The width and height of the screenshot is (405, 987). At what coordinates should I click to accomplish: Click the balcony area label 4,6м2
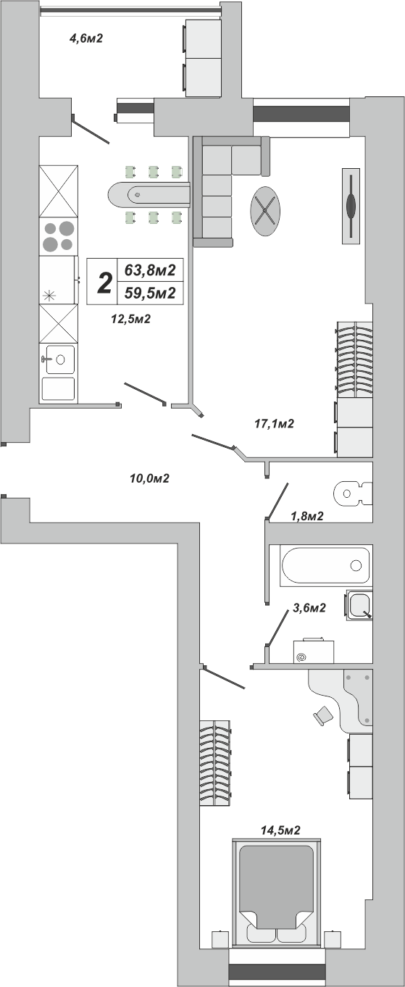click(86, 38)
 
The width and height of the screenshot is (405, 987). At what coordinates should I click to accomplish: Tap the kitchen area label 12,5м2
click(131, 319)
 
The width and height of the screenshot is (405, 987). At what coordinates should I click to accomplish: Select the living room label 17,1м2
click(274, 424)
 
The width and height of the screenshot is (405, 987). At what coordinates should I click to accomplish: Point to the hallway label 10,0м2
click(150, 478)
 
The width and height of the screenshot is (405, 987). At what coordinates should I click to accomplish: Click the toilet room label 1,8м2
click(307, 516)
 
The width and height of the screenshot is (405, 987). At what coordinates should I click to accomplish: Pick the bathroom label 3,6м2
click(309, 608)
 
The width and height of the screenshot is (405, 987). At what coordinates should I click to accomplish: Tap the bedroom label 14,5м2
click(280, 830)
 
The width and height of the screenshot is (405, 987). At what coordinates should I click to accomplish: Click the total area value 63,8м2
click(150, 270)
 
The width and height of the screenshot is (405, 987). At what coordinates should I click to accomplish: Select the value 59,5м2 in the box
click(150, 293)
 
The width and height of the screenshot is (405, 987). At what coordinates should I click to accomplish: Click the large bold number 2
click(104, 283)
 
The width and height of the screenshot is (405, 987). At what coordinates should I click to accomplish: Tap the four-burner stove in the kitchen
click(58, 237)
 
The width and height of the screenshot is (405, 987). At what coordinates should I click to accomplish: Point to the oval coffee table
click(265, 211)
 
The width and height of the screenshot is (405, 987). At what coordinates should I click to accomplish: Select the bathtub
click(327, 566)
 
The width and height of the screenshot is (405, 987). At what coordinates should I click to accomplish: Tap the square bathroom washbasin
click(359, 604)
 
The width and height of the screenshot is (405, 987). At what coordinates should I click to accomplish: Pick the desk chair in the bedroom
click(323, 715)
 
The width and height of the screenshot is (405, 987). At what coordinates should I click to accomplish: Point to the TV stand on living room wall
click(351, 206)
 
